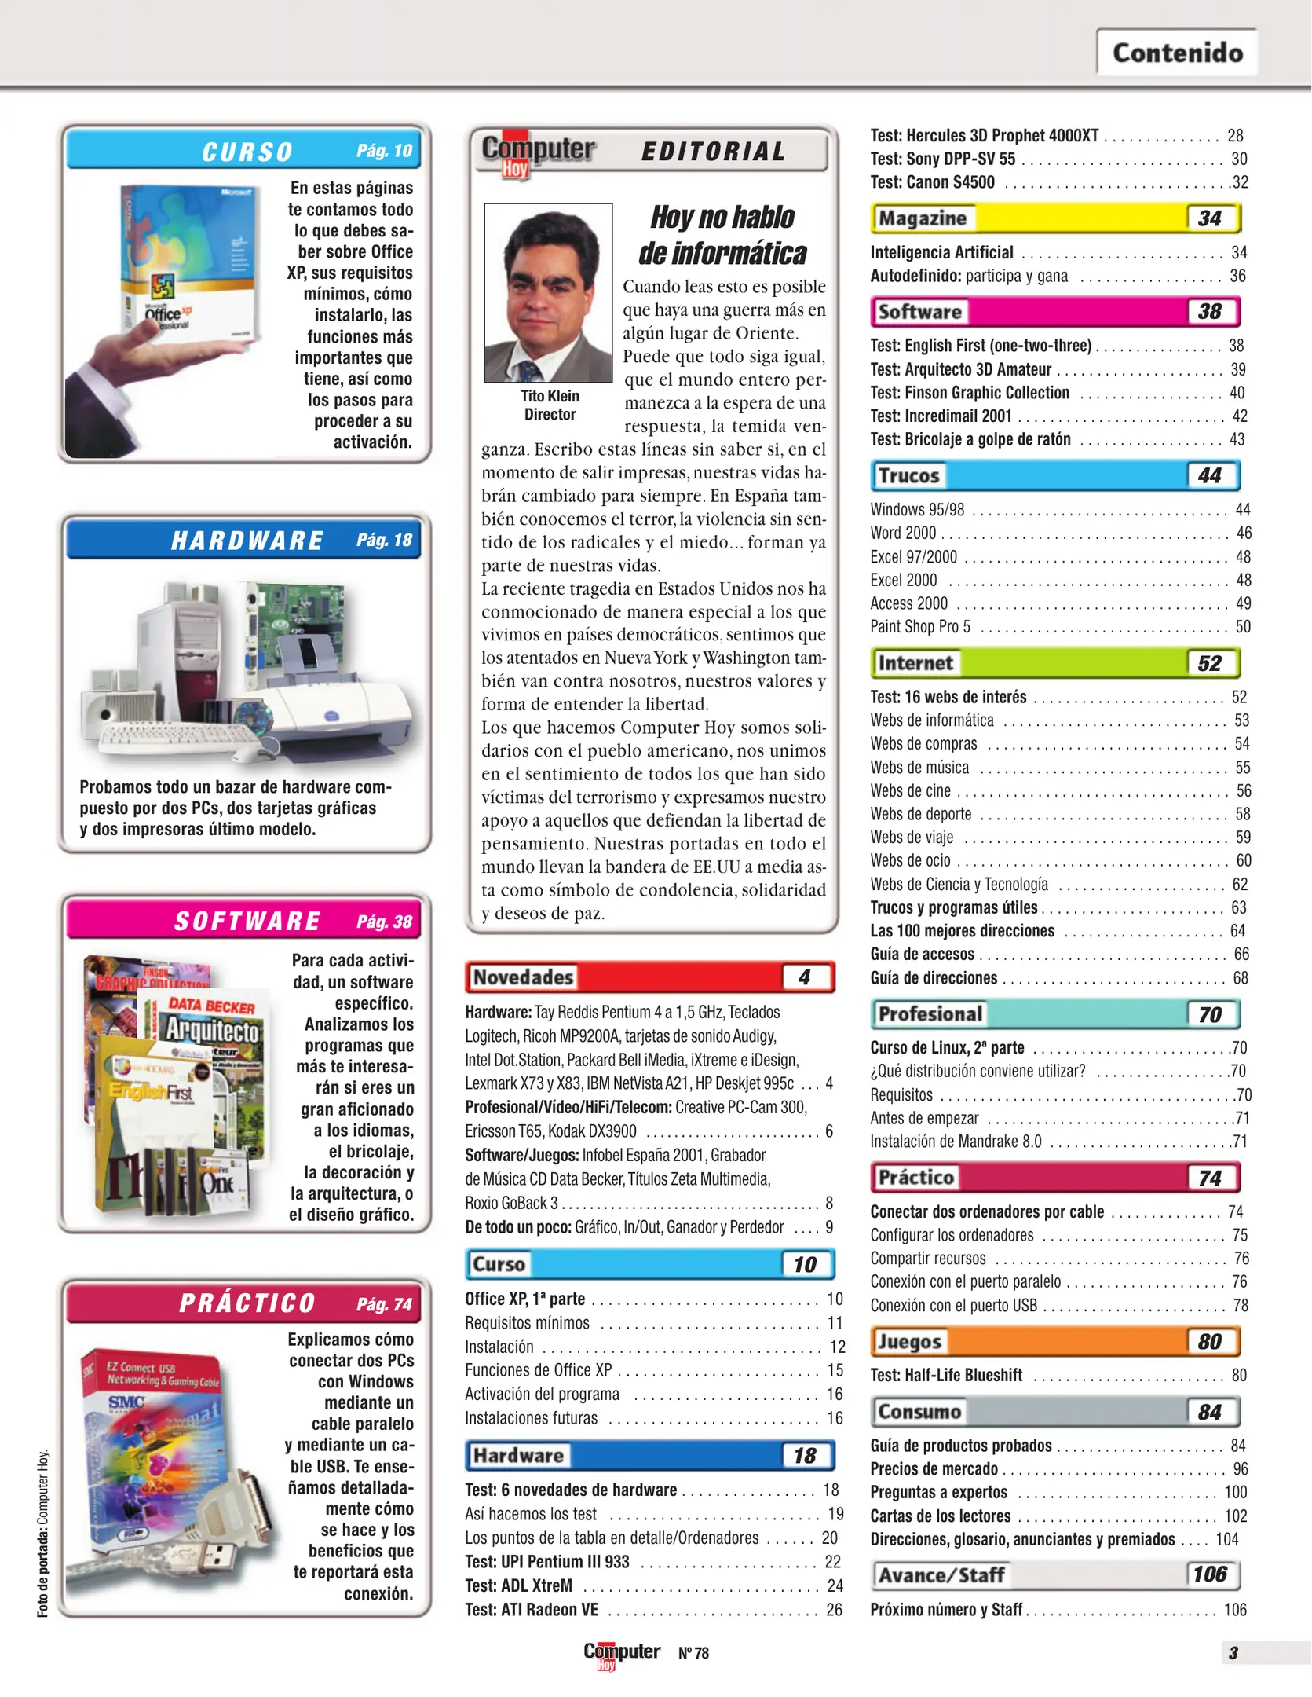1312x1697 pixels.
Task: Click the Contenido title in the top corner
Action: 1177,53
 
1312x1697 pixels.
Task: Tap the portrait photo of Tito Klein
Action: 548,292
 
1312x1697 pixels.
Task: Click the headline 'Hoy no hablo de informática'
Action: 722,235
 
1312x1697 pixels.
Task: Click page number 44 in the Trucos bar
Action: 1210,475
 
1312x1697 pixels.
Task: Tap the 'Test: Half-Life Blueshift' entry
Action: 946,1375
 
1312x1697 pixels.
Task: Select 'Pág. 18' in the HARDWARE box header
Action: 384,540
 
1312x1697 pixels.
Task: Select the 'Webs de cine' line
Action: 911,790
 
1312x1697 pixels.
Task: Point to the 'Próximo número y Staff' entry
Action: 946,1610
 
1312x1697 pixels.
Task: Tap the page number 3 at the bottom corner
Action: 1233,1653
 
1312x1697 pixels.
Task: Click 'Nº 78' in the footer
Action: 693,1653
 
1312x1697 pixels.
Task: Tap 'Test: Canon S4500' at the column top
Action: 932,182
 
